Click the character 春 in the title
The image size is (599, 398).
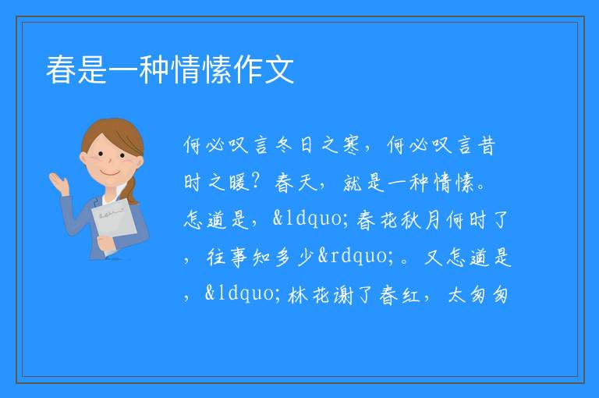click(61, 69)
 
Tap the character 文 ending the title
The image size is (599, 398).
click(279, 69)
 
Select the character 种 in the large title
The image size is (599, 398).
click(154, 69)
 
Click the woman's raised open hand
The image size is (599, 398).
click(58, 183)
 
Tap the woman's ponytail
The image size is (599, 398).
click(132, 191)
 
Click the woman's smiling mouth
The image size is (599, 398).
click(110, 172)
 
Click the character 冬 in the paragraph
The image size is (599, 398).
click(284, 145)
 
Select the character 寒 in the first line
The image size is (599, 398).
click(351, 145)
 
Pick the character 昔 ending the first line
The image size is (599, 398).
click(487, 145)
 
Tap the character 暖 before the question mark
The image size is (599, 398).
click(239, 182)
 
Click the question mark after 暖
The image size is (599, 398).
click(257, 182)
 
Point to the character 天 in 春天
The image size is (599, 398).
click(307, 182)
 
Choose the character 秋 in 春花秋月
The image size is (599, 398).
click(410, 220)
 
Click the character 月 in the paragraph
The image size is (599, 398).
click(432, 220)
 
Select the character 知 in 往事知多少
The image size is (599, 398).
click(261, 257)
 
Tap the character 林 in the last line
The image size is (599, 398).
click(298, 295)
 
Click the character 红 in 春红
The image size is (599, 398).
click(411, 295)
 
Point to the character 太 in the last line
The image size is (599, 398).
click(456, 295)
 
